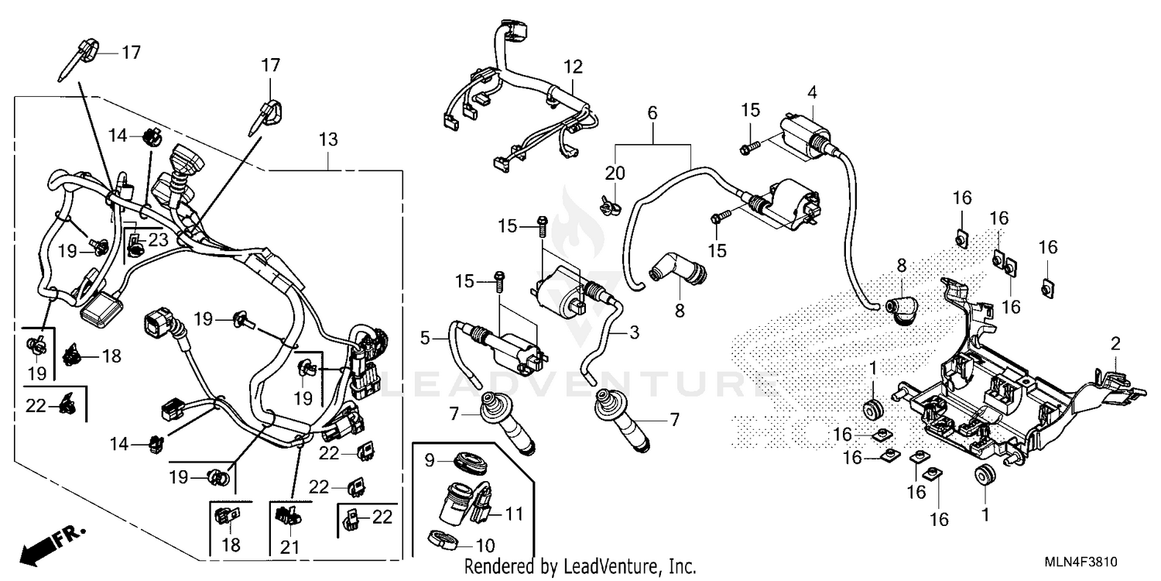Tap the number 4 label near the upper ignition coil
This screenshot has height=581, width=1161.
coord(812,91)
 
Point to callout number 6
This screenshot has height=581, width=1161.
coord(652,113)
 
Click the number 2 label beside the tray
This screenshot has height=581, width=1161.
coord(1115,343)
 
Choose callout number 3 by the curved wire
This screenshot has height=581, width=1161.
coord(634,334)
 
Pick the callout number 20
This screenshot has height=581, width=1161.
coord(615,172)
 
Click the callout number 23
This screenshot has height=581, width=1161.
coord(158,240)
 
